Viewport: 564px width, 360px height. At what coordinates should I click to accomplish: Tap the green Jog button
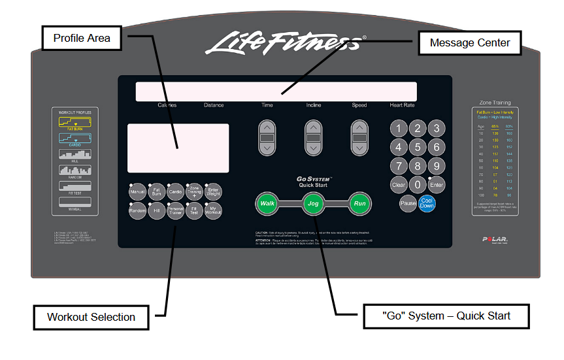point(313,204)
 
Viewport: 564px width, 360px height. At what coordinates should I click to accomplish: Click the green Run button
point(359,204)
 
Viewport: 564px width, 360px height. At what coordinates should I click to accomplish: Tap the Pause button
point(408,204)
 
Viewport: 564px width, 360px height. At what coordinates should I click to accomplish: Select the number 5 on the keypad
point(418,147)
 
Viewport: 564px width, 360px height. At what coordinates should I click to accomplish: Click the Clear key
point(399,185)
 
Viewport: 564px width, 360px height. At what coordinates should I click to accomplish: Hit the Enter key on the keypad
point(436,185)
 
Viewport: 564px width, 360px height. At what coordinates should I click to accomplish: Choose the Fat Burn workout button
point(157,191)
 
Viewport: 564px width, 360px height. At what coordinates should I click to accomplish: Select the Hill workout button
point(157,211)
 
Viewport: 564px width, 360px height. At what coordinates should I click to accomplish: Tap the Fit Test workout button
point(195,211)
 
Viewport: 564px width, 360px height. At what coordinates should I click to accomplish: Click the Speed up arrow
point(360,127)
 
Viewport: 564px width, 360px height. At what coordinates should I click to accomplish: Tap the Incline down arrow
point(314,148)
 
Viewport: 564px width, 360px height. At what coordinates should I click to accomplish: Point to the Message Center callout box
point(470,44)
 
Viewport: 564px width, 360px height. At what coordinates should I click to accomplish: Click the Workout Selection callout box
point(91,317)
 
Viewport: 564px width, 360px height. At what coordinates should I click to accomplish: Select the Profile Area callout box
point(82,38)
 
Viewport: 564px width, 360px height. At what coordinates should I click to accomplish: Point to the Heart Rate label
point(402,105)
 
